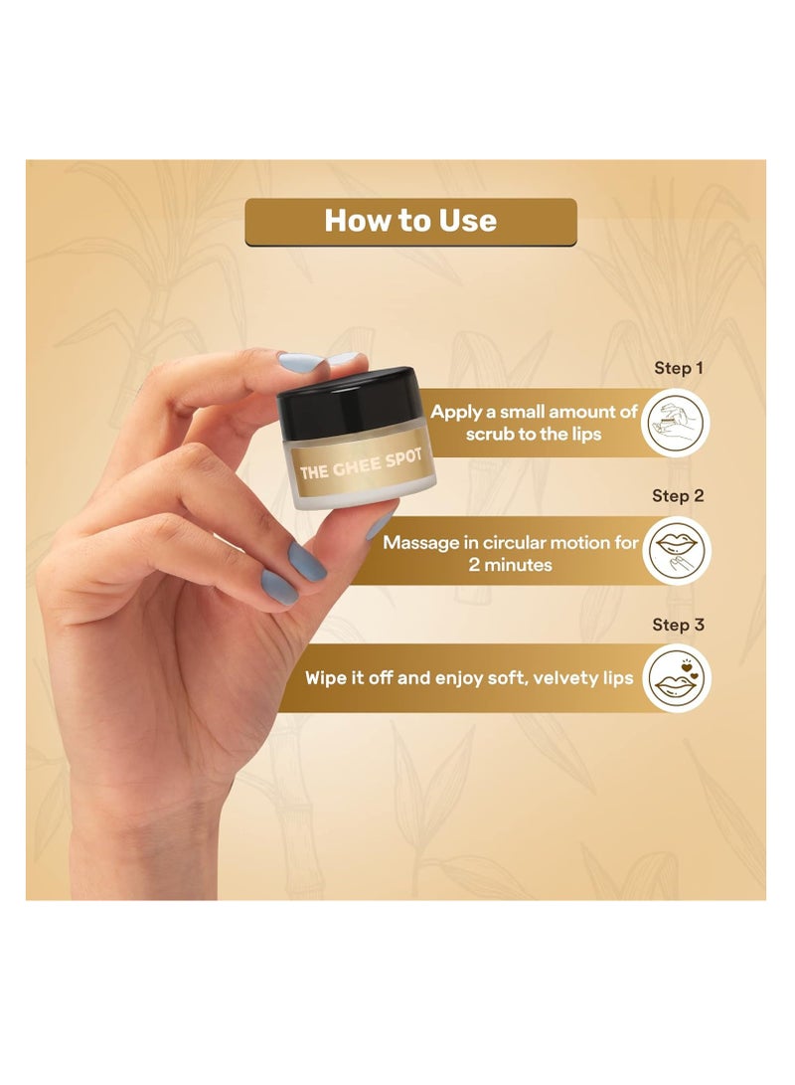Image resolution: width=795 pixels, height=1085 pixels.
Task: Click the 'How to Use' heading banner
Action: coord(410,221)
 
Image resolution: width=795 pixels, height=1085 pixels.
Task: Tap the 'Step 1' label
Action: coord(679,368)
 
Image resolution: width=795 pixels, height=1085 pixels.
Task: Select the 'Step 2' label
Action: coord(678,495)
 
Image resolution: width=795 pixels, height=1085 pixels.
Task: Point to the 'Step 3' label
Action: coord(678,625)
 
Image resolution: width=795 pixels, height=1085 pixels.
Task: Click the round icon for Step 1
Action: coord(677,423)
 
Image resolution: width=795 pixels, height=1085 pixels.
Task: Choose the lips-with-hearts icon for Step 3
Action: coord(677,679)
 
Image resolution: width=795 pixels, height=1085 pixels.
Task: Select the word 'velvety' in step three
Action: coord(557,678)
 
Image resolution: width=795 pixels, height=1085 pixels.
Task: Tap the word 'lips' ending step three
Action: coord(613,678)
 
